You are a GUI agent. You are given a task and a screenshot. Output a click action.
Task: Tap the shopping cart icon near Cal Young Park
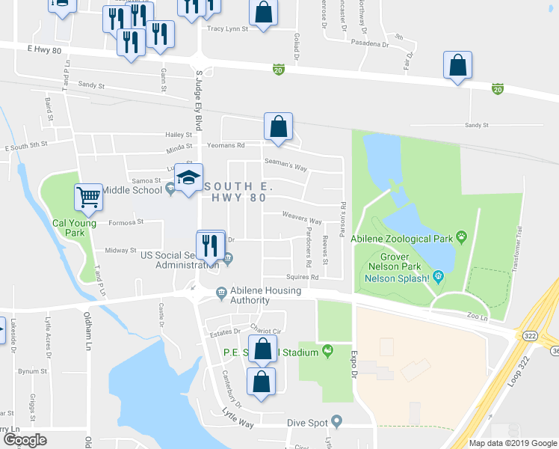88,198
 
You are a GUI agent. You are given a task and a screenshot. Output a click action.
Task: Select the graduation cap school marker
189,179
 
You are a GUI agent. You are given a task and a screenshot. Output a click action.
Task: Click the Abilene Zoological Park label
414,239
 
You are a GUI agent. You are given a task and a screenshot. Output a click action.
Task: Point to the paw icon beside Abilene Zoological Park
463,238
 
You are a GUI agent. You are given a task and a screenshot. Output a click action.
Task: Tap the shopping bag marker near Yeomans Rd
278,128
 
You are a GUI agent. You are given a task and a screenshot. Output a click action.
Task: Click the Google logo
25,440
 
